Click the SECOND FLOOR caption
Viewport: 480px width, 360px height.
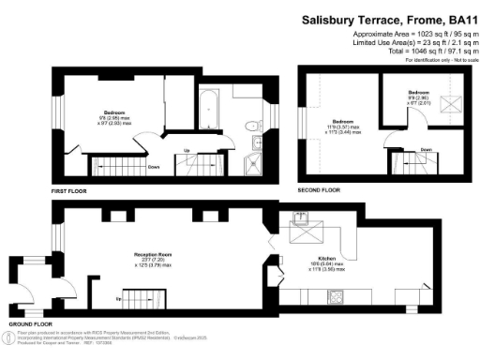pyautogui.click(x=319, y=189)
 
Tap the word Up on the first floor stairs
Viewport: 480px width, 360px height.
pyautogui.click(x=187, y=151)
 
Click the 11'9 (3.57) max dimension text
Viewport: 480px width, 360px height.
pyautogui.click(x=339, y=127)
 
